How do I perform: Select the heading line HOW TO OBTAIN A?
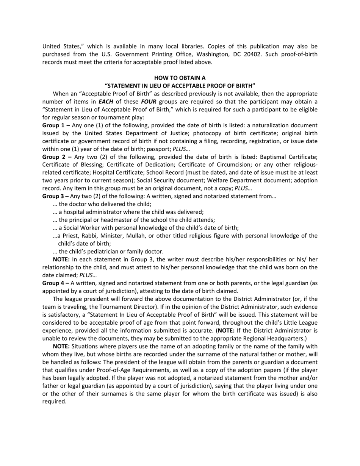[180, 78]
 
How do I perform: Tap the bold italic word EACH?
[106, 102]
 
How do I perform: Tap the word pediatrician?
[103, 252]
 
